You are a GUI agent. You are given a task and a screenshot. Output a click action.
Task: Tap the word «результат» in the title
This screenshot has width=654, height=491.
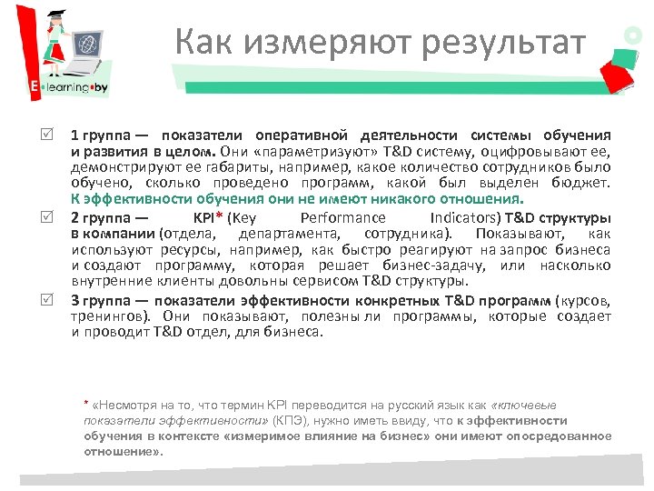coord(491,42)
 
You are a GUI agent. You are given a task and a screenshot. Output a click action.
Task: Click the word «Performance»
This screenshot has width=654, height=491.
coord(342,218)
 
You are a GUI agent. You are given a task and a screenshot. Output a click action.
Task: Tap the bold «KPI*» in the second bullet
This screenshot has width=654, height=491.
coord(208,218)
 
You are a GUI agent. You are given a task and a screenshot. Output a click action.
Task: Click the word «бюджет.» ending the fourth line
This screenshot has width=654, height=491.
coord(581,183)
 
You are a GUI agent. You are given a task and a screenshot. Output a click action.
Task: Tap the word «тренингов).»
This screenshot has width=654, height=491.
coord(112,316)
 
